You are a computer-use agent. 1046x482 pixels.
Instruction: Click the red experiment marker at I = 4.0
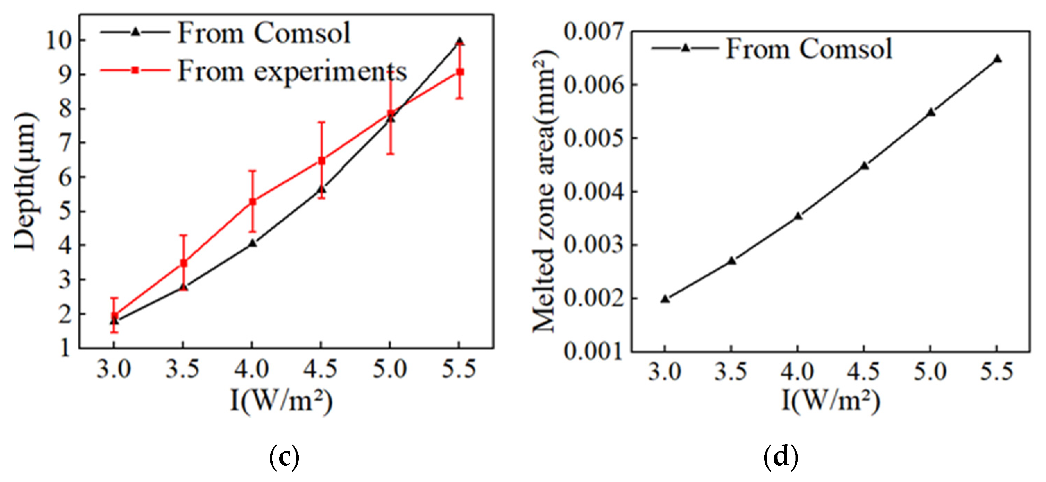point(252,202)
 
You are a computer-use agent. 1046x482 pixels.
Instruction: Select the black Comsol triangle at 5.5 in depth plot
point(459,41)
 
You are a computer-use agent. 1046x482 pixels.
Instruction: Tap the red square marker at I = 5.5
point(460,72)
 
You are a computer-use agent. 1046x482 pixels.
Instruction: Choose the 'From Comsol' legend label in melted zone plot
point(809,49)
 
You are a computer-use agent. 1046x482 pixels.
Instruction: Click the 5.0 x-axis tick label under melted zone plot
point(930,371)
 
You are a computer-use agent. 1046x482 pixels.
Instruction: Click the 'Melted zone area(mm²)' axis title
point(543,192)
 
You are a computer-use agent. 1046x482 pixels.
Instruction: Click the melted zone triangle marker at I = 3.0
point(665,299)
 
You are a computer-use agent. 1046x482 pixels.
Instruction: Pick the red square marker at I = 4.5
point(321,161)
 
